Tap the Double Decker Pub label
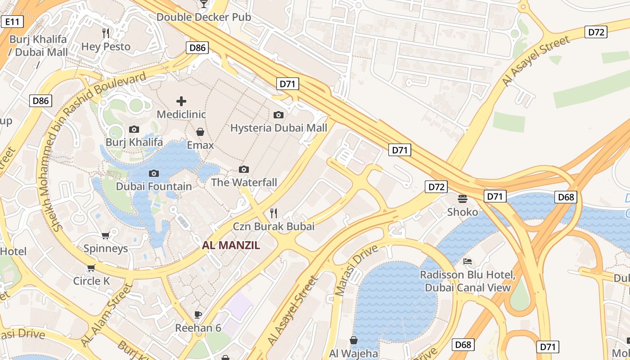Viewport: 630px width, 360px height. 203,17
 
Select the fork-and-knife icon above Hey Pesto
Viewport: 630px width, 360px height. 106,33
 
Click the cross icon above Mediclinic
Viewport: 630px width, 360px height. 181,101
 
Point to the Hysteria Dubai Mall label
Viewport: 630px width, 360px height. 279,128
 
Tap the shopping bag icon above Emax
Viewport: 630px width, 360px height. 200,132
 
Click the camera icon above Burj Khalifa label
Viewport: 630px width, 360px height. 134,129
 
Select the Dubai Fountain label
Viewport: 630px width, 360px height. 154,186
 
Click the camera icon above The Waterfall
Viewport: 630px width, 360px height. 244,169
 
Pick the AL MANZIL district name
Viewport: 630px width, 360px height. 231,245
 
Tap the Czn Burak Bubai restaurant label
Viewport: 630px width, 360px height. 274,226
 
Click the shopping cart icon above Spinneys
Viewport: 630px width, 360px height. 106,235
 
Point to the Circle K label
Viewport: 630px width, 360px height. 91,281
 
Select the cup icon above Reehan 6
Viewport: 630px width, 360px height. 198,314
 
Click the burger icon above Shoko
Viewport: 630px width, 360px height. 463,198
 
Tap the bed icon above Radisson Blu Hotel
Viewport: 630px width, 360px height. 468,261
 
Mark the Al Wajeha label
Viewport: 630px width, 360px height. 354,353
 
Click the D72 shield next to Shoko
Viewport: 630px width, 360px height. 436,187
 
